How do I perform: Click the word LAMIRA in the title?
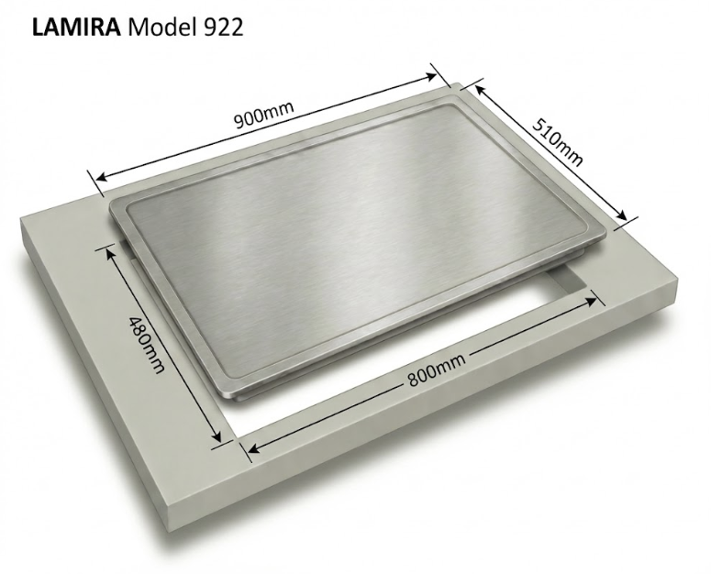click(76, 28)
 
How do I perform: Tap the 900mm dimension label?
click(264, 115)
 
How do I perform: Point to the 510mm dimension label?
click(557, 142)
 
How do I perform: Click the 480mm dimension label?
click(146, 345)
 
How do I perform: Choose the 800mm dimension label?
click(436, 370)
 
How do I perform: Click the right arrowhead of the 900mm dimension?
click(429, 77)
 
